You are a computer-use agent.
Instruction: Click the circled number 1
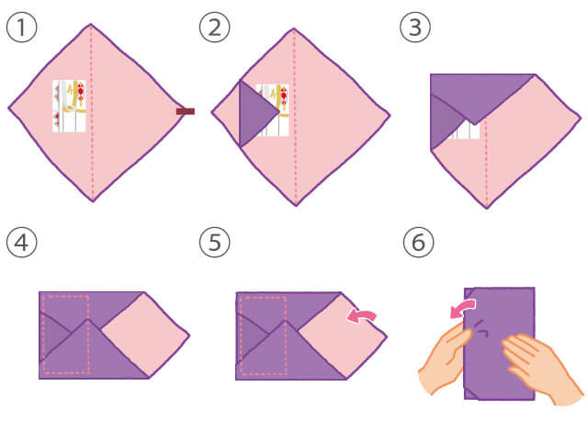coord(22,27)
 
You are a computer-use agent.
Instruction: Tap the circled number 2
coord(214,27)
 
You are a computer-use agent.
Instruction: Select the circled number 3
coord(415,27)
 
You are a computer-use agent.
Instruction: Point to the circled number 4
coord(22,242)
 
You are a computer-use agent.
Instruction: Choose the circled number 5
coord(214,242)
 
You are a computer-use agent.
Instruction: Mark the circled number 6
coord(419,242)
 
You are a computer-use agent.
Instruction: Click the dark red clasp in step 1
coord(186,111)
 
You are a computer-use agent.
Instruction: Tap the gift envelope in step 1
coord(70,106)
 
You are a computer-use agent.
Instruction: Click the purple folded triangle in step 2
coord(257,113)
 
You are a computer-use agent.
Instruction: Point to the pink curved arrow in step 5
coord(361,315)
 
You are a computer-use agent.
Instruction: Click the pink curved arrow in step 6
coord(462,308)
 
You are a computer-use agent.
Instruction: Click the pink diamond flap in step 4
coord(145,335)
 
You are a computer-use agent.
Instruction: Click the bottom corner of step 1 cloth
coord(93,201)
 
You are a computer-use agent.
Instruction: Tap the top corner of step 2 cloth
coord(294,28)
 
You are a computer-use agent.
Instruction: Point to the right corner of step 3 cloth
coord(581,119)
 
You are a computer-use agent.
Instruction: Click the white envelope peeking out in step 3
coord(467,131)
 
